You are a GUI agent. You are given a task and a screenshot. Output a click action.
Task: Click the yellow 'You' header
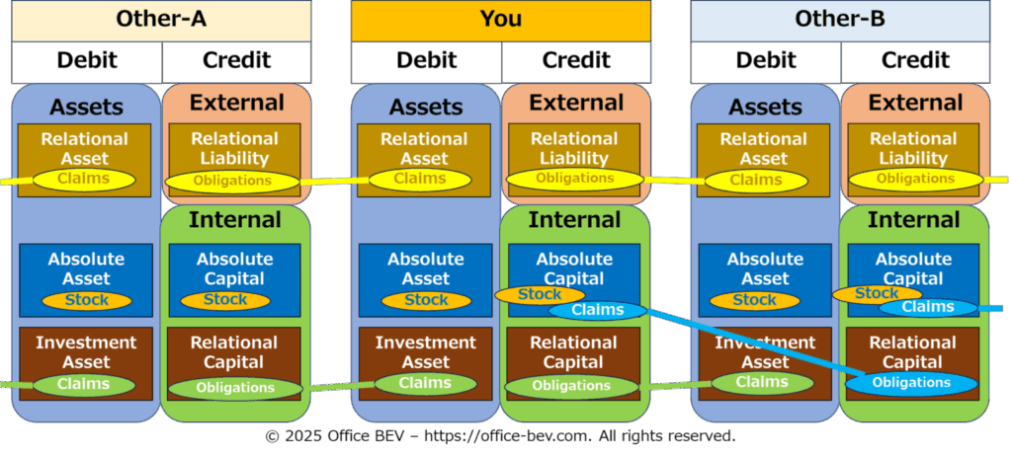501,21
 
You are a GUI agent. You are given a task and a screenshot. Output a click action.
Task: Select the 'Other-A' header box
161,21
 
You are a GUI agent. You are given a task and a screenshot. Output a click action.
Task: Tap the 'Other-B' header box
840,21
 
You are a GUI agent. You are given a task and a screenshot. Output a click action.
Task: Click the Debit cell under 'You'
426,62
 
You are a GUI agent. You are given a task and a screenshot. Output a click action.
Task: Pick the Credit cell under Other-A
237,62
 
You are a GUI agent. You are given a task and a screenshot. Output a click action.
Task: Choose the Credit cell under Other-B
916,62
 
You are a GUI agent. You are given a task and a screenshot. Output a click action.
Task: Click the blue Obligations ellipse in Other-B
911,383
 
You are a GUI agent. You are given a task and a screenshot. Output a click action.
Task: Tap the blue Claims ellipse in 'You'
598,310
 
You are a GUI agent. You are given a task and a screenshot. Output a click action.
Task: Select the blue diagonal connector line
756,342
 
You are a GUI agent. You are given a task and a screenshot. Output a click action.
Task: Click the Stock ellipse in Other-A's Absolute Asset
87,300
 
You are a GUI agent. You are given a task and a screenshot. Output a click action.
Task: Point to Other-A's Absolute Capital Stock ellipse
225,300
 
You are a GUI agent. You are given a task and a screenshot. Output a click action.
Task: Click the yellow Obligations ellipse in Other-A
232,181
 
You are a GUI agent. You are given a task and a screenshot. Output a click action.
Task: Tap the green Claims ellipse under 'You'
425,384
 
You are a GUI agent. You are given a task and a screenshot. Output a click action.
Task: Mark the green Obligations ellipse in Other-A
235,388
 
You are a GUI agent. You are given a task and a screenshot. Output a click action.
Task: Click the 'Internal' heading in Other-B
914,220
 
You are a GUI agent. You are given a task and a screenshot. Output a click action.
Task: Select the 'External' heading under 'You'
576,103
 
